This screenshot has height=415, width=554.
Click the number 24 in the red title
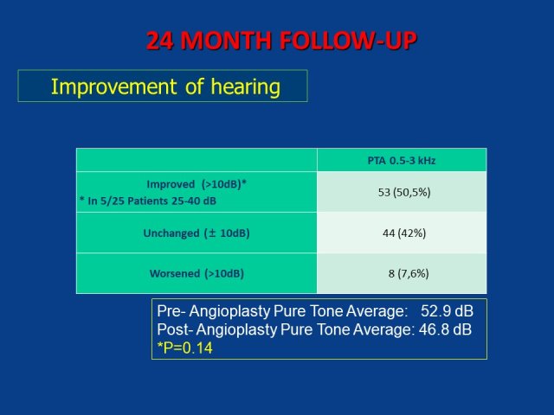(159, 41)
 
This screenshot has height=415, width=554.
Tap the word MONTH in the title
(226, 41)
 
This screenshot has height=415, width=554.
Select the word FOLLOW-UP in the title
(348, 41)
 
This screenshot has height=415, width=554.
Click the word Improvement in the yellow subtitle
(114, 86)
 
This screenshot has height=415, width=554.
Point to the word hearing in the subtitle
(246, 86)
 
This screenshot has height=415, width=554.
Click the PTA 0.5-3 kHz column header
(402, 161)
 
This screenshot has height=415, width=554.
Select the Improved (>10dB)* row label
(196, 184)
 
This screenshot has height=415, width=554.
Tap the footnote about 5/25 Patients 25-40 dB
(148, 201)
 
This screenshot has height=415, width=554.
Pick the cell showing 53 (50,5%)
(404, 193)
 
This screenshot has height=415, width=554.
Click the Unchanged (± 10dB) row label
(196, 233)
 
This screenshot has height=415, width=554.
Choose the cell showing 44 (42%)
(404, 233)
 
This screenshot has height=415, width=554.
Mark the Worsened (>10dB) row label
(196, 273)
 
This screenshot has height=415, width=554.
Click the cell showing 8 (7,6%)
(409, 273)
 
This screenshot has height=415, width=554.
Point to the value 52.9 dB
(447, 311)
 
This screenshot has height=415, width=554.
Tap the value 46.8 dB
(445, 329)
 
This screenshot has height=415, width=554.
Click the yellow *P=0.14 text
(184, 348)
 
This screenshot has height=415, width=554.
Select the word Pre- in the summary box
(171, 311)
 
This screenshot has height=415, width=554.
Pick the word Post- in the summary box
(175, 329)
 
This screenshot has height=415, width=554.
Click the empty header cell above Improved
(196, 160)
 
